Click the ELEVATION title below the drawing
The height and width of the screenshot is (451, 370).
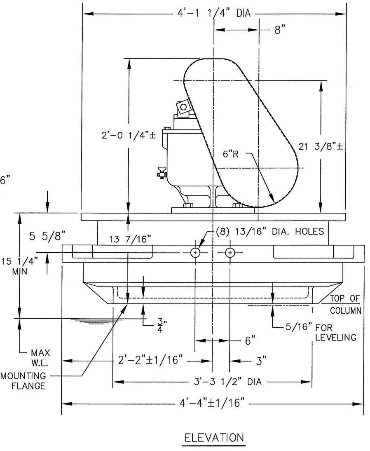213,437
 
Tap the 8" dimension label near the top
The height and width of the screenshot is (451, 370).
280,30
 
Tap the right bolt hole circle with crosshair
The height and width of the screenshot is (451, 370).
230,252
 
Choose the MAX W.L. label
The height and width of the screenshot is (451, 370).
41,357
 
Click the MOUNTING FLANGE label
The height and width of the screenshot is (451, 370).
22,381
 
